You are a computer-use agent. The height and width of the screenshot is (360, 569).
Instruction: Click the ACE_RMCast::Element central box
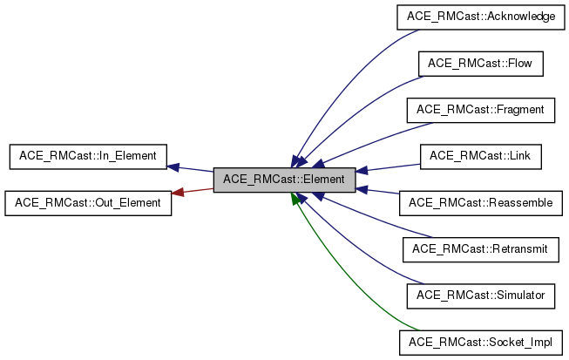pos(284,180)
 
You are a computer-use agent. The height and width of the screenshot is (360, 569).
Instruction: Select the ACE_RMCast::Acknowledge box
pos(480,17)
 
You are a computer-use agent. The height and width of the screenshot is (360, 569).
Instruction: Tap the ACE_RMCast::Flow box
pos(480,64)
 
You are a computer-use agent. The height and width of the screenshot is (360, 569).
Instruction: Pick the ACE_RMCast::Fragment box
pos(480,110)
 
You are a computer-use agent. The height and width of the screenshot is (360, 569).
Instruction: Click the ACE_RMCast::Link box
pos(480,156)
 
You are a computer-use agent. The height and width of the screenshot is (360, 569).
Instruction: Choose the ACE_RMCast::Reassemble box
pos(480,202)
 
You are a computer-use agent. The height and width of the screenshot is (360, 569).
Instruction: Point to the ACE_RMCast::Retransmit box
pos(480,249)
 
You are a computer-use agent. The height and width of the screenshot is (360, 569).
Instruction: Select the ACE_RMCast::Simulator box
pos(480,295)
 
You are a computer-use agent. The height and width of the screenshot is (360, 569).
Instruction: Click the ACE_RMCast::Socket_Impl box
pos(480,342)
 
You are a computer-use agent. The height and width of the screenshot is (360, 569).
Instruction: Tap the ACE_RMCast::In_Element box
pos(86,156)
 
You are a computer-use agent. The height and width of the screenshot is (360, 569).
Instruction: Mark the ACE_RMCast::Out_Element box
pos(86,202)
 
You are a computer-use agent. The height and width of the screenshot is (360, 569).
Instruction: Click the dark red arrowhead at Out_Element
pos(177,193)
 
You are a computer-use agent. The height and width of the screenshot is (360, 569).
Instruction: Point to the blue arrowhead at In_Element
pos(173,166)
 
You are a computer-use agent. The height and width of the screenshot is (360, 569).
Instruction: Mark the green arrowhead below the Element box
pos(295,200)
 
